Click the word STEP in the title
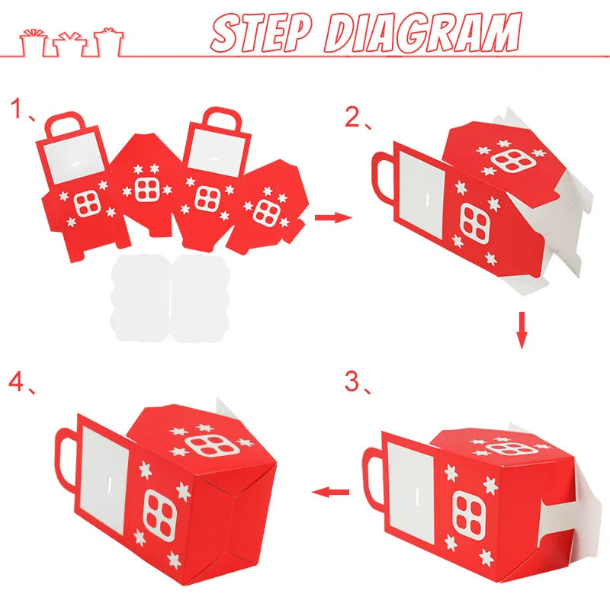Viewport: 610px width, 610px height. (262, 33)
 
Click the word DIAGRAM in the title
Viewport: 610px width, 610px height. (423, 32)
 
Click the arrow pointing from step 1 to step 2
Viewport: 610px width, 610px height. (333, 217)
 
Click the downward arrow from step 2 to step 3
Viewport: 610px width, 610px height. (522, 330)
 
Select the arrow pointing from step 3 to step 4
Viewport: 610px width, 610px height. (330, 492)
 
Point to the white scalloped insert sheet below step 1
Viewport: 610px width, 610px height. (170, 298)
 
